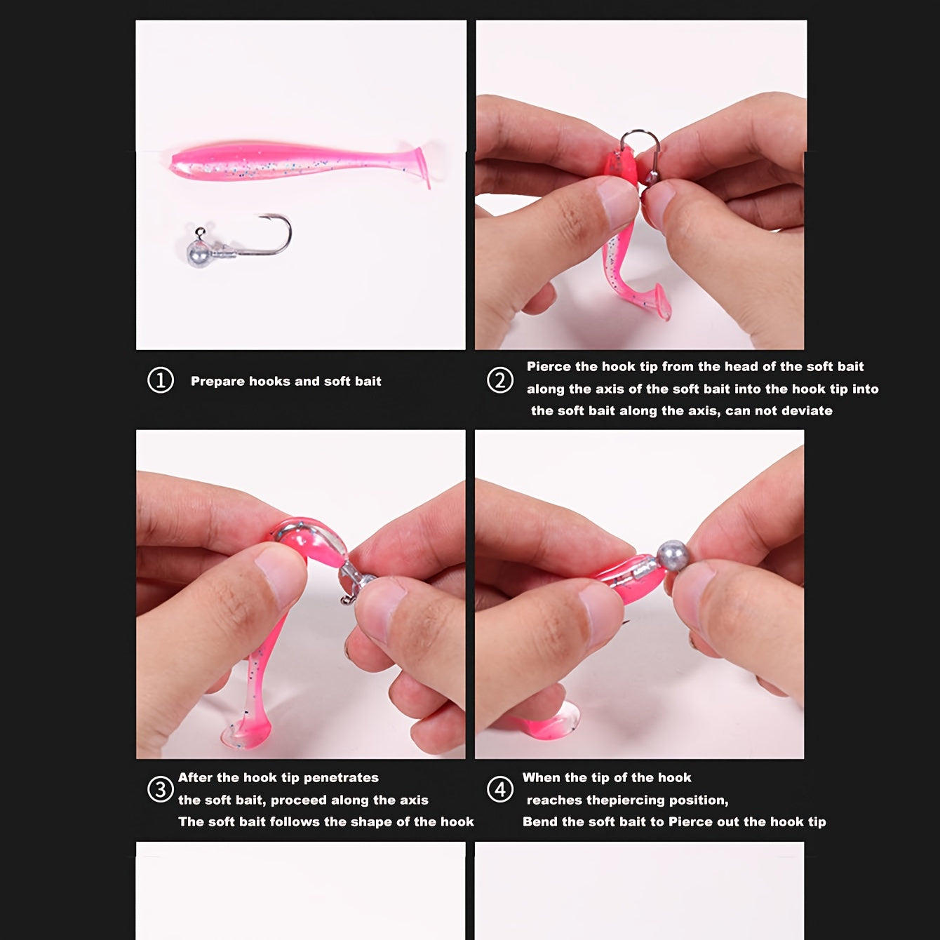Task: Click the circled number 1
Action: (161, 380)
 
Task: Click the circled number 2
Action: (500, 380)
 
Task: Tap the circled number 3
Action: (161, 789)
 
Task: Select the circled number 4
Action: (500, 789)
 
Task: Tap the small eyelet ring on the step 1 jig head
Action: (200, 231)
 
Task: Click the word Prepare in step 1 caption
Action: (217, 382)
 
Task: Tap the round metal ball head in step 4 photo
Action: (673, 555)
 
